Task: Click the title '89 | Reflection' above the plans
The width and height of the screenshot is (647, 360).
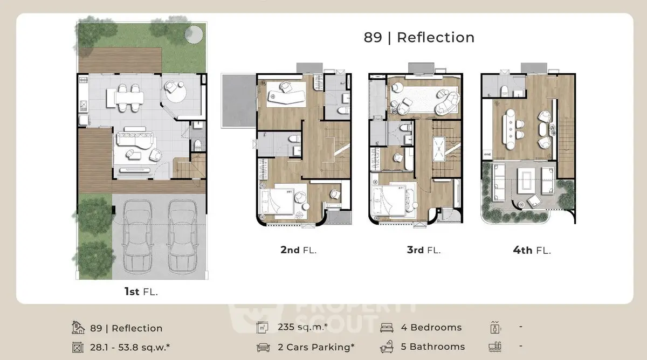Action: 419,37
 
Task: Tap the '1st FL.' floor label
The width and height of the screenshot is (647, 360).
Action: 141,292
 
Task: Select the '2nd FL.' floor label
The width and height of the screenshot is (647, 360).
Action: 298,250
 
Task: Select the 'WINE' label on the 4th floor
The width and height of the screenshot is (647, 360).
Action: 487,154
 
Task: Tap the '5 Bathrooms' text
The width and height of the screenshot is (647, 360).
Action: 432,347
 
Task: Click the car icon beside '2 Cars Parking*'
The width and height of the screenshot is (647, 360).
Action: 263,347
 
